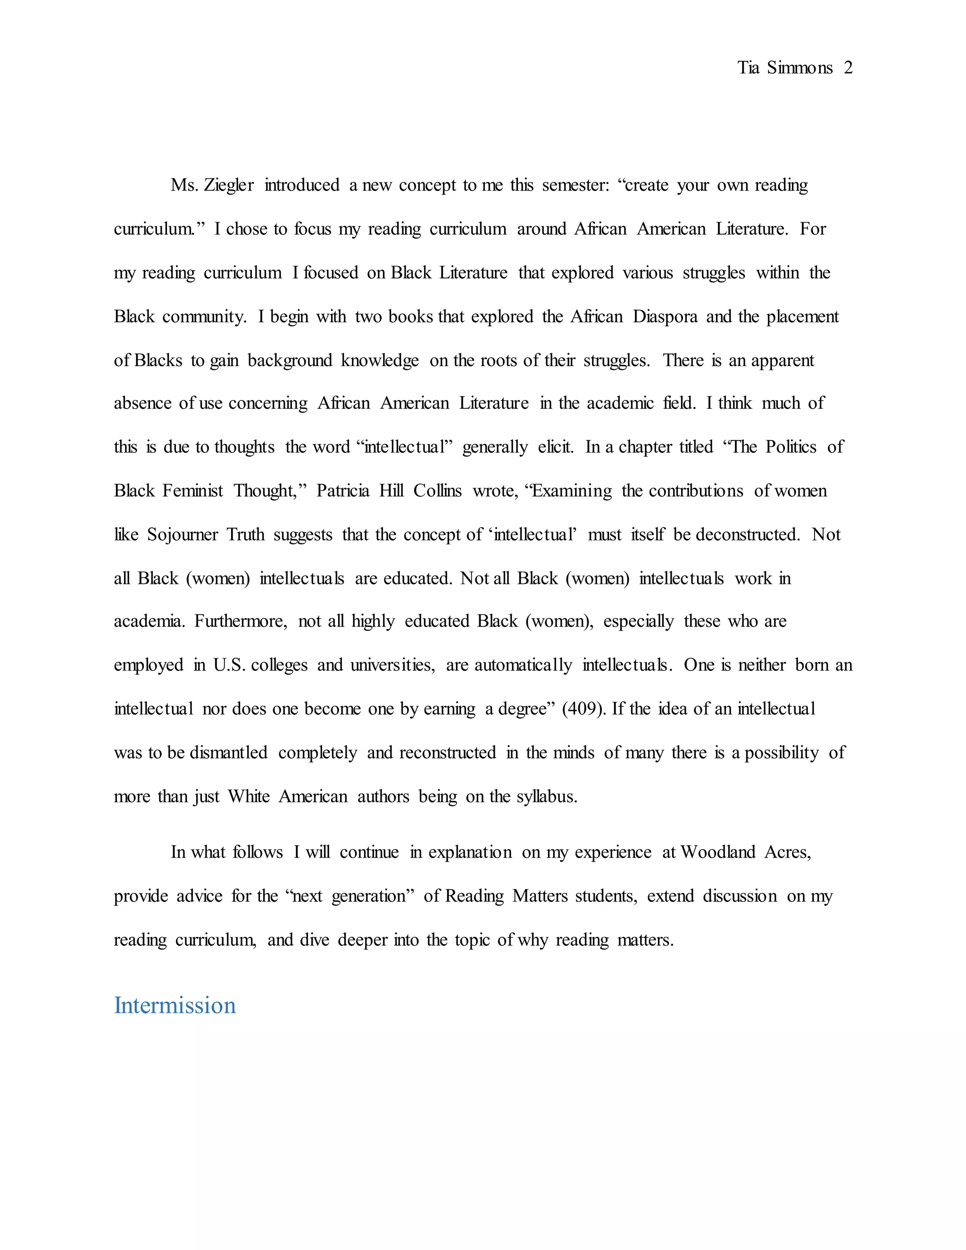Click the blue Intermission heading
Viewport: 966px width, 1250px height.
(175, 1006)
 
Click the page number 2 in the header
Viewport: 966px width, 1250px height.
(848, 68)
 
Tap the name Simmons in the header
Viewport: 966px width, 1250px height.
(799, 68)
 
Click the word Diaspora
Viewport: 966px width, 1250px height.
(665, 317)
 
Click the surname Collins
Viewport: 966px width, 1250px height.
(437, 491)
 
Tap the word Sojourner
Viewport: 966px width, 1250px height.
(183, 534)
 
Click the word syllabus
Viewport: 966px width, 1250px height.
(547, 797)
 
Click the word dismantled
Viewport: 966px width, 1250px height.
(228, 753)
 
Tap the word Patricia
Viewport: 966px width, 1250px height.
(343, 491)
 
